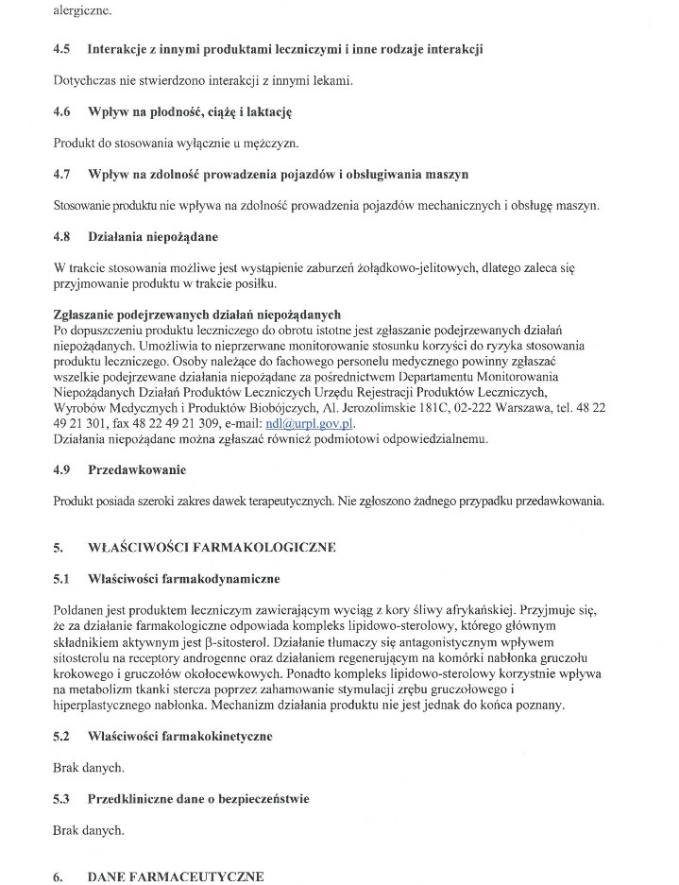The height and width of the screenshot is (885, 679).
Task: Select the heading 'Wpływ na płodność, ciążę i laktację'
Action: (190, 111)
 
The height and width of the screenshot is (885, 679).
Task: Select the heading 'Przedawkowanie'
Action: (137, 469)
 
